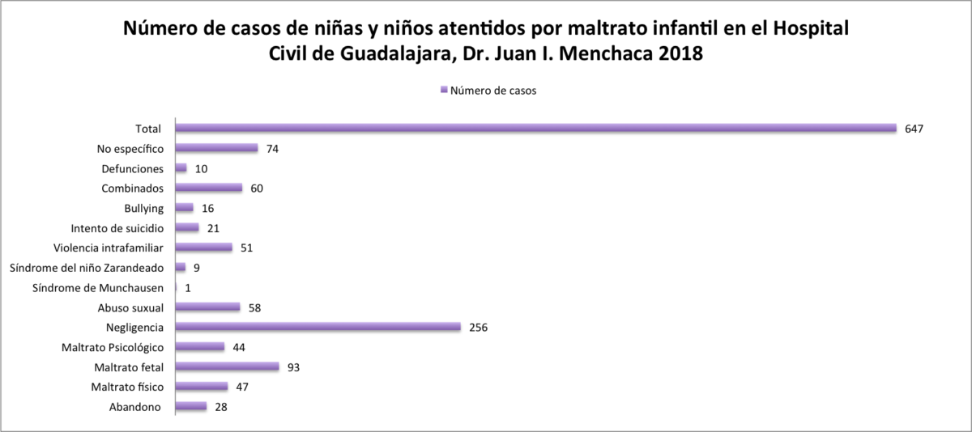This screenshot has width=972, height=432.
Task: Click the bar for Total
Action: tap(535, 128)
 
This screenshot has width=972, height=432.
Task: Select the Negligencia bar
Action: tap(318, 327)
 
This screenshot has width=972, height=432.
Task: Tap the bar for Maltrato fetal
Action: tap(227, 366)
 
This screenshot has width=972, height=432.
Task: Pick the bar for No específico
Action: tap(216, 148)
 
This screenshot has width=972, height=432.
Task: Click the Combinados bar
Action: tap(209, 188)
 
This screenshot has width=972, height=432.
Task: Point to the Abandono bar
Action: tap(191, 406)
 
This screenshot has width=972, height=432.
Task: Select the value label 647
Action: tap(914, 129)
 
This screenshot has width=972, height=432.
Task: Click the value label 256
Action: tap(478, 328)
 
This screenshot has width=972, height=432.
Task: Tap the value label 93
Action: tap(294, 367)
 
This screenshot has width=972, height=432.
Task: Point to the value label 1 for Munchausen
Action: tap(187, 288)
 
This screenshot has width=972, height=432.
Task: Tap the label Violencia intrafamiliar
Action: tap(109, 248)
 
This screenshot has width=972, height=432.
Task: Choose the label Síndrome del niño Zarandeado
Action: tap(87, 268)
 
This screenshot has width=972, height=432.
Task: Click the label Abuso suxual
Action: tap(130, 307)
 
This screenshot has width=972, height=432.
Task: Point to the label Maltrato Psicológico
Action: tap(113, 347)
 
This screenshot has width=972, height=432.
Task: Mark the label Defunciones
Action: tap(133, 168)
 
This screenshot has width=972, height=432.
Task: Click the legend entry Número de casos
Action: tap(488, 91)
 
